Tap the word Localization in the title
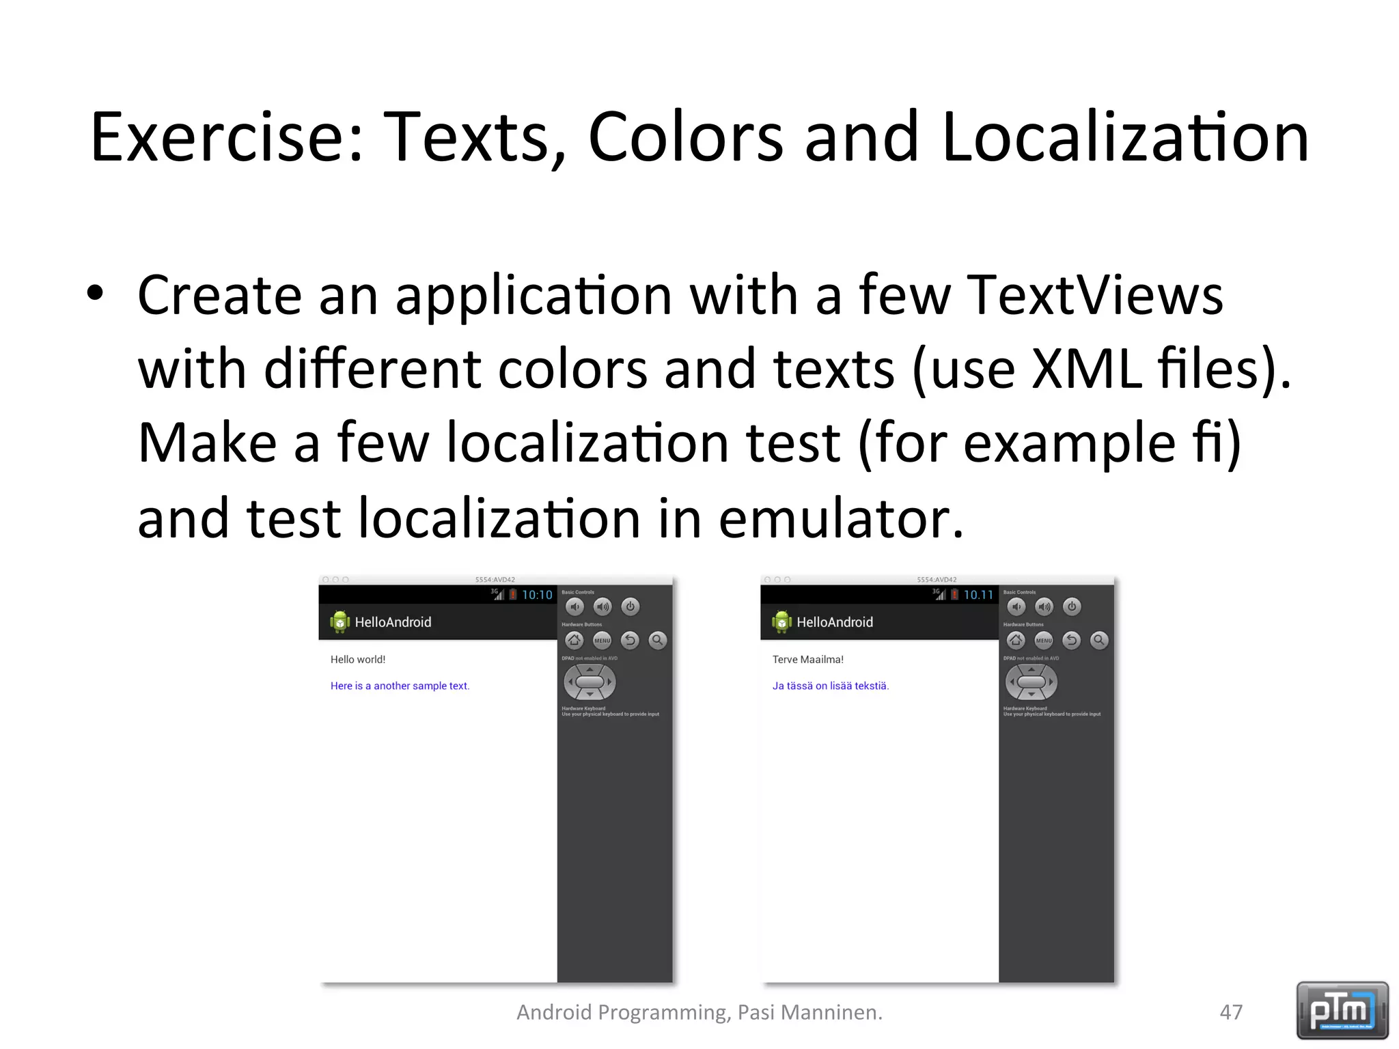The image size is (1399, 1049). point(1125,138)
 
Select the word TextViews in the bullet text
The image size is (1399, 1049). point(1094,295)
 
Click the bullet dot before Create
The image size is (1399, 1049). point(96,294)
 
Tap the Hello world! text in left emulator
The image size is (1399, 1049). point(358,660)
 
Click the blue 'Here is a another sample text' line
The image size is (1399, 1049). point(400,686)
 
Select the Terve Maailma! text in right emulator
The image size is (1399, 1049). point(807,660)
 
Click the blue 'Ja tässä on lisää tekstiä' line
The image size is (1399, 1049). point(831,686)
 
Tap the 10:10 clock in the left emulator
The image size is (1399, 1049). point(537,595)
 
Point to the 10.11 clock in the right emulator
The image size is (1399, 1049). point(978,595)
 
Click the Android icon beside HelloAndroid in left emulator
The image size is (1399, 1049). point(340,621)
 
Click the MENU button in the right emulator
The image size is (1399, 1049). point(1044,640)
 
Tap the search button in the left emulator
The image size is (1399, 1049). point(657,640)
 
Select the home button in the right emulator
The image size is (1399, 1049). point(1016,640)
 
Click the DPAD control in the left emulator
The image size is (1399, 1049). point(590,682)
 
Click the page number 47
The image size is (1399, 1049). point(1231,1012)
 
